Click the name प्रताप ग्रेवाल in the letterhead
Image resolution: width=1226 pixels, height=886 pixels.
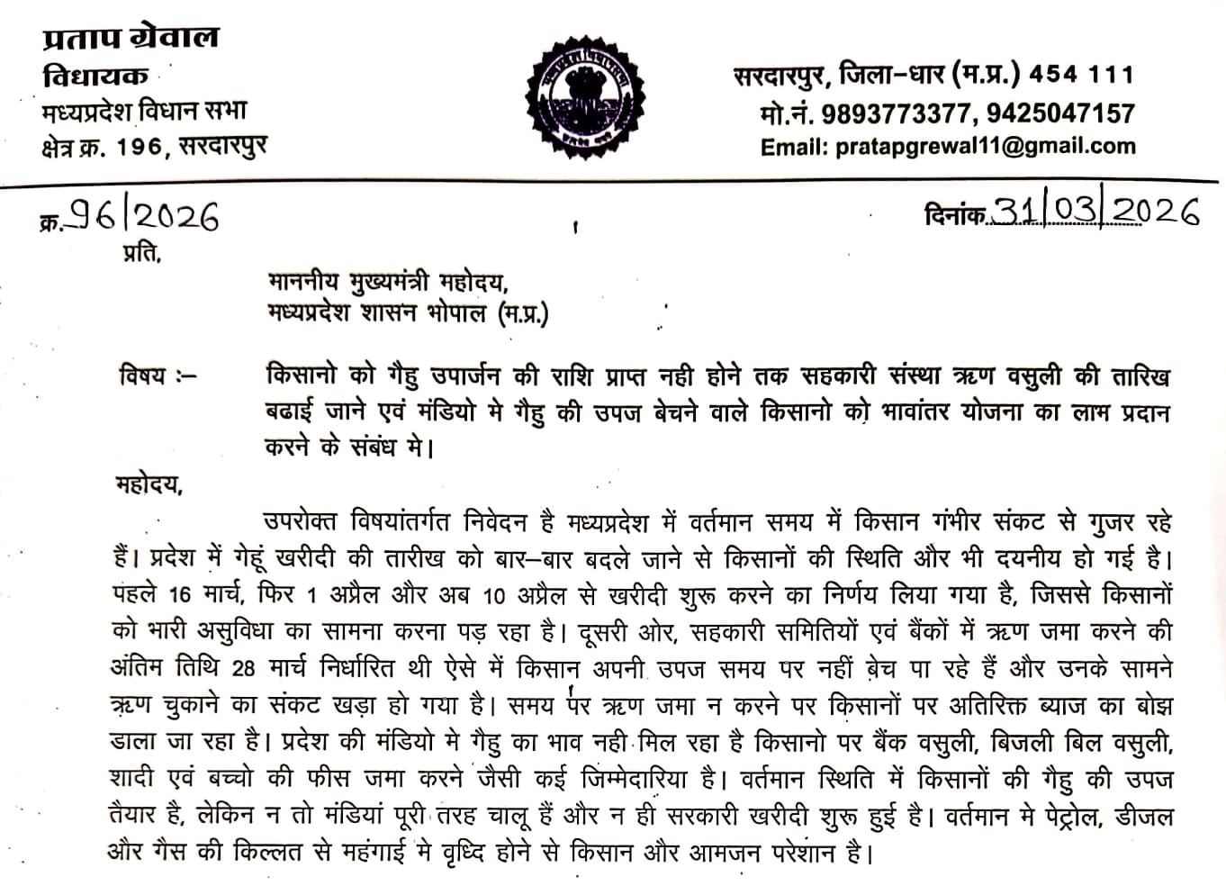tap(131, 38)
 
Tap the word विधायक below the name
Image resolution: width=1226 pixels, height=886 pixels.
tap(95, 77)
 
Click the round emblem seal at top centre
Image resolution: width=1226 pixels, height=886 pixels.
tap(587, 91)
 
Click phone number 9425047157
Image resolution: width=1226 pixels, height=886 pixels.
tap(1059, 113)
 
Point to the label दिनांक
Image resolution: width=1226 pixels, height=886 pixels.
tap(954, 214)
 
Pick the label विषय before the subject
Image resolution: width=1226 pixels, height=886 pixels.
tap(143, 375)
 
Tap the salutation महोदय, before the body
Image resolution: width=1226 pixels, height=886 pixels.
tap(149, 485)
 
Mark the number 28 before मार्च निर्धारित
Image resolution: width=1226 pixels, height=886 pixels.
tap(243, 669)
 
